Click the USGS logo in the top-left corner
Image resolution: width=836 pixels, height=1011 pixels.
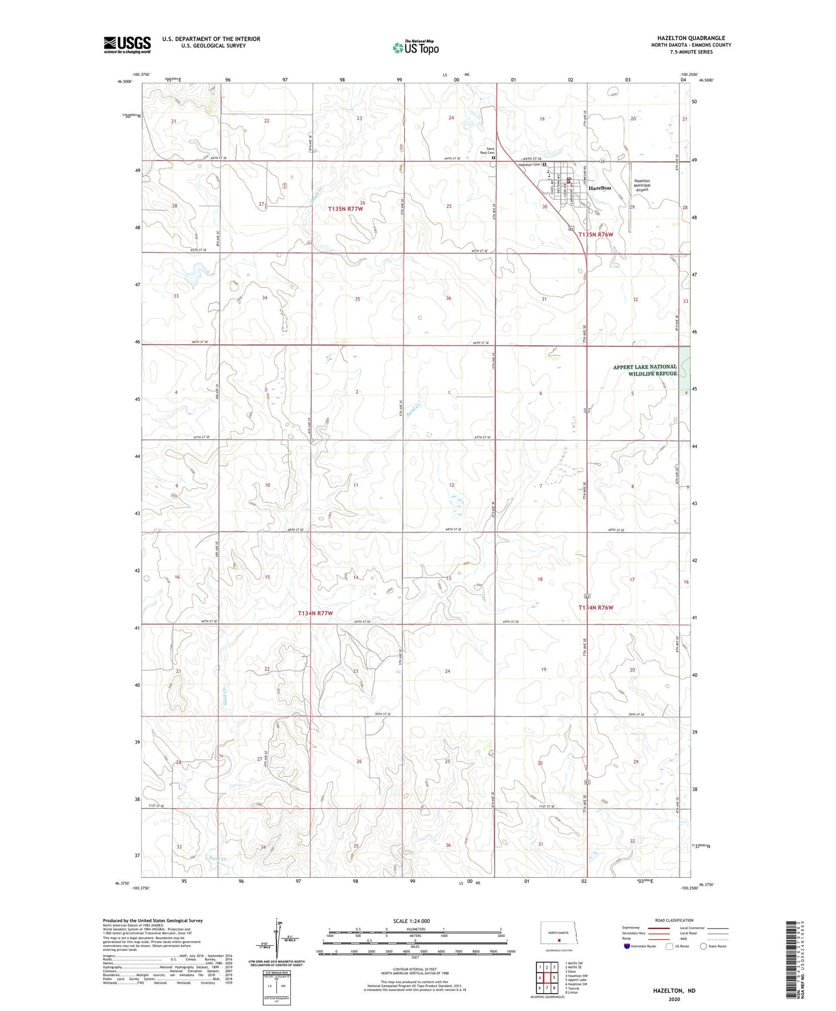tap(127, 45)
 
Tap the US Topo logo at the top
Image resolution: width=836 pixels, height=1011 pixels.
tap(416, 48)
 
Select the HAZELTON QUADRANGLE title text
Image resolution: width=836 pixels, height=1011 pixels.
tap(691, 38)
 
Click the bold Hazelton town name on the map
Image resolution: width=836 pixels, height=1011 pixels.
tap(600, 188)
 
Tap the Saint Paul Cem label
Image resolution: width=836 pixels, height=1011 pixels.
tap(490, 151)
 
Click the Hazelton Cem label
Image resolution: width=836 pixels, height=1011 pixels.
tap(529, 165)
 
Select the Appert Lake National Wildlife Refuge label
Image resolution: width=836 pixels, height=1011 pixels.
tap(645, 370)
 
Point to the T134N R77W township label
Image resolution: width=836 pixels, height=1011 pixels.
tap(315, 613)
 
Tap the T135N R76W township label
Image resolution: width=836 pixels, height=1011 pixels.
tap(595, 235)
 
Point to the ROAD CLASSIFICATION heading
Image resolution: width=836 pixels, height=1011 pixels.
tap(674, 920)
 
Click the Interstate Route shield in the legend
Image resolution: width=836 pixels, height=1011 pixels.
tap(627, 946)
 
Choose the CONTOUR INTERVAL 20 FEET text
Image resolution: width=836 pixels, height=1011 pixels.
tap(415, 969)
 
